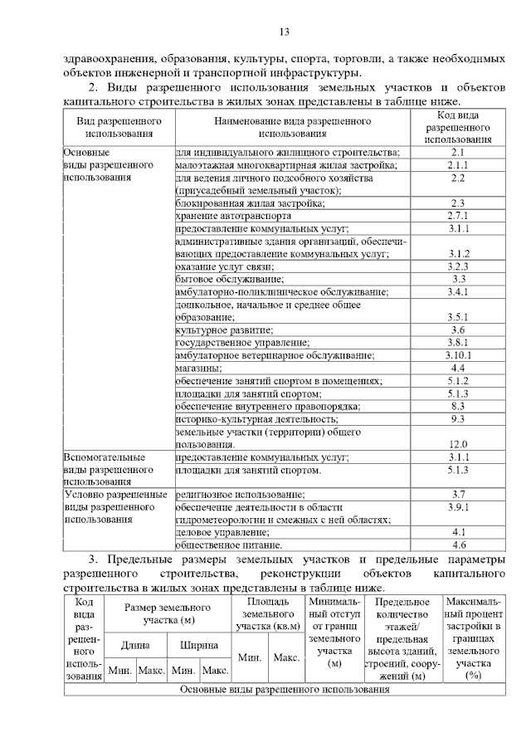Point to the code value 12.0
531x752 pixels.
point(458,444)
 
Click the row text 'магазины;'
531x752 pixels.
point(198,368)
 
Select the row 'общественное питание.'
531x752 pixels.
point(229,545)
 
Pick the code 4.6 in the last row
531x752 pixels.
point(458,545)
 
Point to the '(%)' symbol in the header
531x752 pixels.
point(474,676)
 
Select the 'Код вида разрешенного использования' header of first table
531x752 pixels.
point(458,127)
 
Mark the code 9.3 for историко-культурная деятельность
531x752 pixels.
point(458,419)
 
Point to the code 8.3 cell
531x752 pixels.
point(458,407)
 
